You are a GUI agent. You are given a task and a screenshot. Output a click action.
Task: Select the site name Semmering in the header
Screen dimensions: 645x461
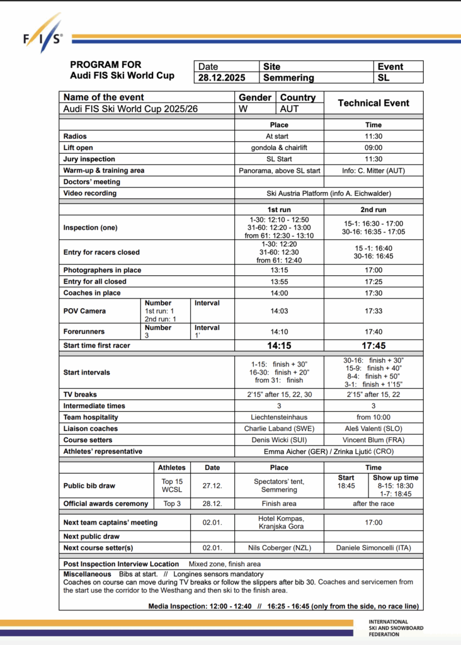coord(288,78)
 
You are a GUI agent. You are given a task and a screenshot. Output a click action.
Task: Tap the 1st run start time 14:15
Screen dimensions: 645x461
coord(278,346)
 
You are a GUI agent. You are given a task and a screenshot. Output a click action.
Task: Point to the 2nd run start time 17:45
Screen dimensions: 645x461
coord(373,346)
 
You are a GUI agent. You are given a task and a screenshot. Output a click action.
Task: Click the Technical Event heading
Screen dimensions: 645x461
coord(373,103)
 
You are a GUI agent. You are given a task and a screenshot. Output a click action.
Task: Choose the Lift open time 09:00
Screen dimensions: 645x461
coord(373,147)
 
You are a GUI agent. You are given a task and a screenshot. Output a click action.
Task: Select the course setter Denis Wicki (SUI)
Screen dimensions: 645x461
coord(278,440)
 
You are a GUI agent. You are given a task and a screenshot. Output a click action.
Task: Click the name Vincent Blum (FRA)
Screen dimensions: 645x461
coord(373,440)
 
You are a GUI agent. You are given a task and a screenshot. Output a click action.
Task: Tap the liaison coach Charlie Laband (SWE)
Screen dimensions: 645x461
coord(278,428)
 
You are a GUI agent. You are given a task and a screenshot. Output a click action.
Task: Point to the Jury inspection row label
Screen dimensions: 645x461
coord(89,159)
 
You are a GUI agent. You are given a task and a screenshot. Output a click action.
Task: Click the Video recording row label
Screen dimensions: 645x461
coord(90,193)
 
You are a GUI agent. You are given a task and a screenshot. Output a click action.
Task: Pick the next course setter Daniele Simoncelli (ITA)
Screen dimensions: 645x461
coord(373,547)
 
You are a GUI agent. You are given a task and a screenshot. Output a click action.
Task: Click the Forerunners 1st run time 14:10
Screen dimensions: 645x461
coord(278,331)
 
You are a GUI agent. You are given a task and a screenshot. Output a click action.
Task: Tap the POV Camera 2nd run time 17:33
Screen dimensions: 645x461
coord(373,311)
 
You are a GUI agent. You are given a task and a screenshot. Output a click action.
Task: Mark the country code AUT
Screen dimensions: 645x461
coord(289,108)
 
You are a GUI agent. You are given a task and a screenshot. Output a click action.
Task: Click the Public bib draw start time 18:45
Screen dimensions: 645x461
coord(346,486)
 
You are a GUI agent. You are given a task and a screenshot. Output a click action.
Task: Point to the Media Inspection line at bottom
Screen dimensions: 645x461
coord(284,606)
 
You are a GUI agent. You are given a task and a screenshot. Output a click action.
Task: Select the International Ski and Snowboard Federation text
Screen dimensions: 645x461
coord(396,628)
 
